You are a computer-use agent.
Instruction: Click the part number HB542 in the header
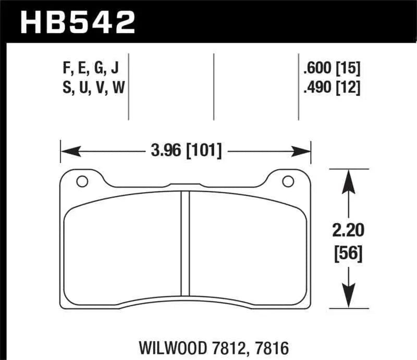click(x=77, y=22)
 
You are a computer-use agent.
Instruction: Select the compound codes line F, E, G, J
click(x=93, y=68)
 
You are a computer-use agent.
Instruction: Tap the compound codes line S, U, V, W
click(x=93, y=88)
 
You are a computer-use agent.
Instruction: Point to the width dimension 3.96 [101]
click(x=186, y=152)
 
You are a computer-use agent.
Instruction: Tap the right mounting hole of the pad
click(x=287, y=182)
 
